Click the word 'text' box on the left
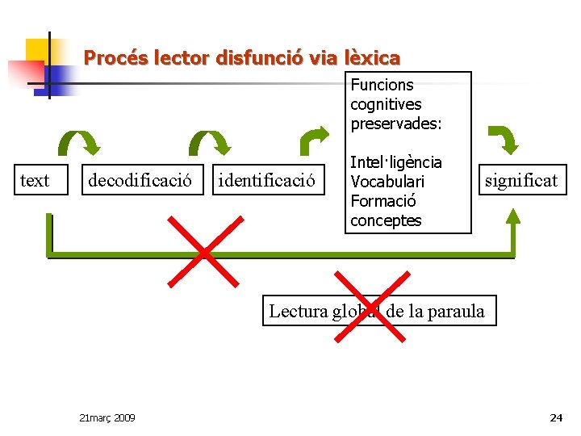[34, 180]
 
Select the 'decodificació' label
[140, 180]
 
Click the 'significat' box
[520, 180]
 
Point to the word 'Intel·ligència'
[395, 163]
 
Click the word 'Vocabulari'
[387, 182]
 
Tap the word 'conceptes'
[386, 220]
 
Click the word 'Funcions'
[382, 85]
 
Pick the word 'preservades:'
[396, 124]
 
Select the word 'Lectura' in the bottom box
[299, 311]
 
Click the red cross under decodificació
[204, 250]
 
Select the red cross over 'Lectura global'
[370, 307]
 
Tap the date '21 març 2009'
[107, 417]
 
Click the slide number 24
[555, 417]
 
